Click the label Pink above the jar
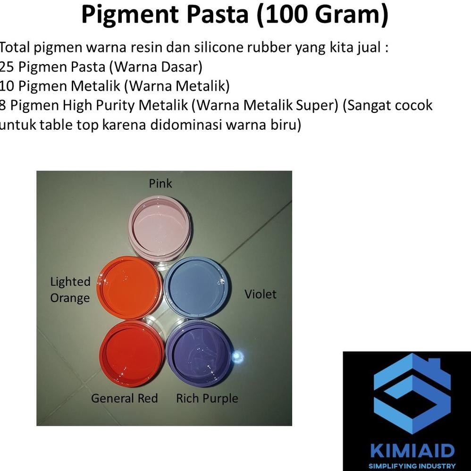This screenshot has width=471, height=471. coord(160,183)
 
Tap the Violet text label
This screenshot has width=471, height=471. coord(260,294)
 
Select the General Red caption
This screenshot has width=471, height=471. coord(124,398)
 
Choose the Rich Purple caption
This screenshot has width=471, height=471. coord(207,398)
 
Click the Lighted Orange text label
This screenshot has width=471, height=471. coord(70,290)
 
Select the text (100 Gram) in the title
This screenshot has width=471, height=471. coord(322,15)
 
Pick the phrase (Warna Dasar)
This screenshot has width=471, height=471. coord(156,67)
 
